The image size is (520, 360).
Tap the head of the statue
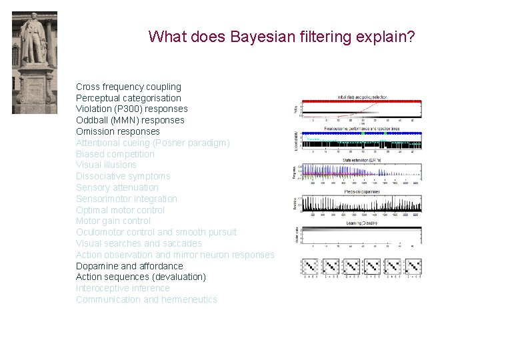tap(32, 20)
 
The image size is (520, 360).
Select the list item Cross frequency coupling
tap(128, 87)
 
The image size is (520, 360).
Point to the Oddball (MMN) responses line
tap(130, 120)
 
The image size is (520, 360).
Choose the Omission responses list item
tap(117, 131)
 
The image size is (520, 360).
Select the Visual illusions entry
tap(106, 165)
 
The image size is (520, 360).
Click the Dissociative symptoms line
tap(123, 176)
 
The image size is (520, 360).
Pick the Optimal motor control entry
tap(120, 210)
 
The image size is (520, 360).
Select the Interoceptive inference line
tap(123, 288)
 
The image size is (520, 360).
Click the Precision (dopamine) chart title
tap(362, 192)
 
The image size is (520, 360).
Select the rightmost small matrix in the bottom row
tap(413, 267)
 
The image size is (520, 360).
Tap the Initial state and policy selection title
tap(362, 97)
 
